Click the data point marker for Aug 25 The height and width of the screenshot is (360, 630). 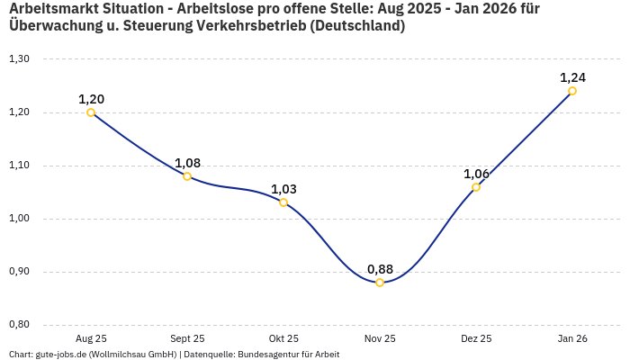click(91, 112)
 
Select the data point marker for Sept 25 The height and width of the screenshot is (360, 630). click(187, 176)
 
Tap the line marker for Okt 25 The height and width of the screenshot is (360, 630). click(283, 202)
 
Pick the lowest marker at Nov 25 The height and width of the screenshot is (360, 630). click(380, 283)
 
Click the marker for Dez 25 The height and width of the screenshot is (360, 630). click(476, 187)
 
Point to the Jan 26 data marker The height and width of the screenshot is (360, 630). click(572, 91)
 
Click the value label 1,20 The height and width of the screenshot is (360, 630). click(91, 99)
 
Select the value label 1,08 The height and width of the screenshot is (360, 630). click(187, 163)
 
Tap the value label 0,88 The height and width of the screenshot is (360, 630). click(380, 269)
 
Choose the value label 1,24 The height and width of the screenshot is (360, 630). click(572, 77)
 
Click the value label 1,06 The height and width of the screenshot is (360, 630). click(476, 174)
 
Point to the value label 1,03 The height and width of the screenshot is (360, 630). click(283, 189)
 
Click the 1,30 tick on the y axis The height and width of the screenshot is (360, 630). click(19, 59)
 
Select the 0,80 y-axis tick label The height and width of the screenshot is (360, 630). click(19, 325)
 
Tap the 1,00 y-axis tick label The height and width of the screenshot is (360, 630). click(19, 219)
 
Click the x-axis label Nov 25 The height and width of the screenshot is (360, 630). click(380, 338)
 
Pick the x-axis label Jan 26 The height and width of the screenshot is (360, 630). click(572, 338)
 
